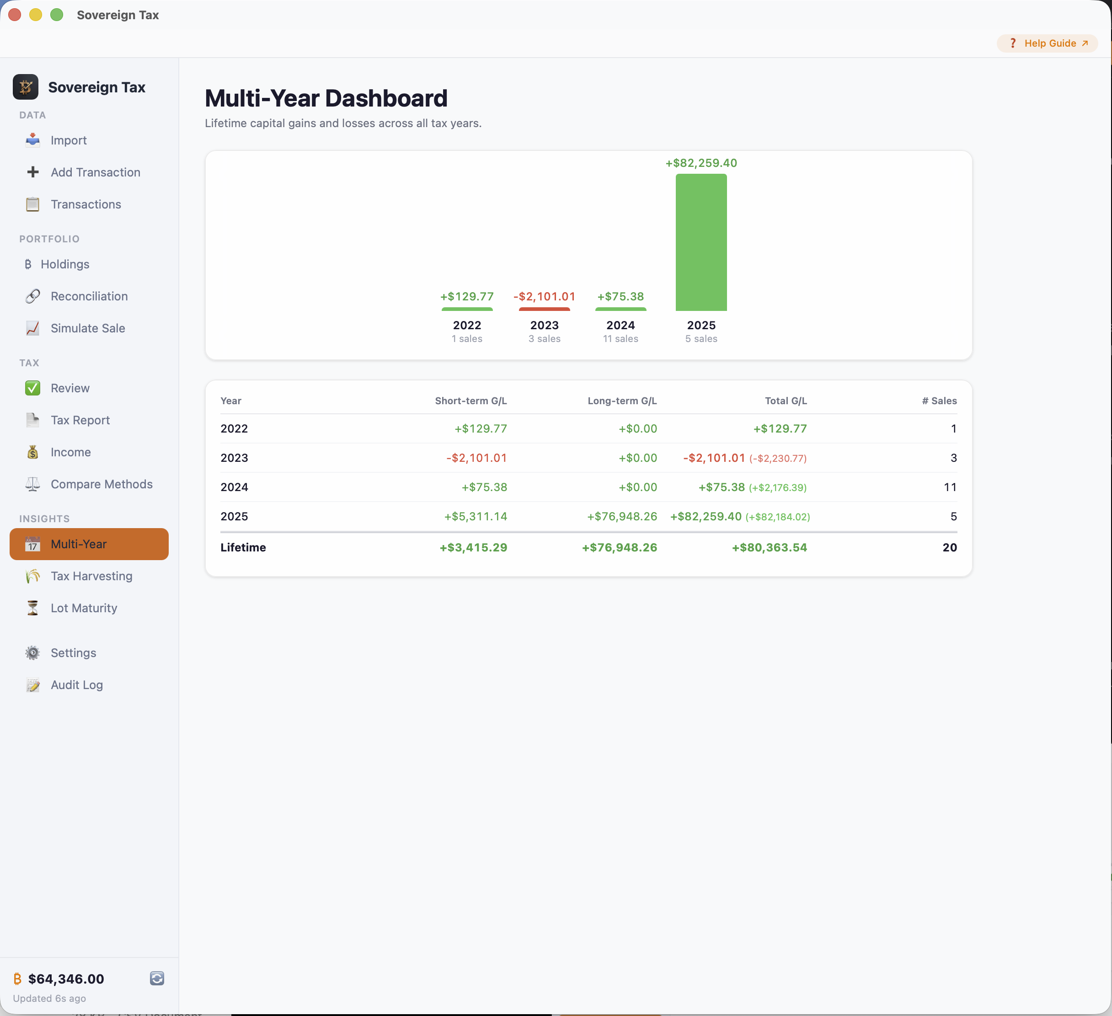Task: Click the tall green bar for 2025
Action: pos(700,242)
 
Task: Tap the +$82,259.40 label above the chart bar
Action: pos(700,163)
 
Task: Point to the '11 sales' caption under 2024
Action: pos(620,339)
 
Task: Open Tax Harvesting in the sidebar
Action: pos(91,576)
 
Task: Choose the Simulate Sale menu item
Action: pos(87,328)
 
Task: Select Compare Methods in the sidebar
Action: pos(101,484)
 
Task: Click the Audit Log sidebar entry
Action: pos(77,684)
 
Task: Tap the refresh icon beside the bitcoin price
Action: pos(157,978)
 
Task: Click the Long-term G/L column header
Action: pos(622,401)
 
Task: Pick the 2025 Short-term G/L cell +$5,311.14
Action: pos(475,516)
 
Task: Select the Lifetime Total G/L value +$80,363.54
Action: pos(769,547)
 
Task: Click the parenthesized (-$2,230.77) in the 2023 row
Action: pos(777,458)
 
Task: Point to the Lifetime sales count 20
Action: pos(949,547)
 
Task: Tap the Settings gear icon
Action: pos(32,652)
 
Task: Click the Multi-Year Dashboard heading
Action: pos(326,98)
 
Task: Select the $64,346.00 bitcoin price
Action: pos(66,979)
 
